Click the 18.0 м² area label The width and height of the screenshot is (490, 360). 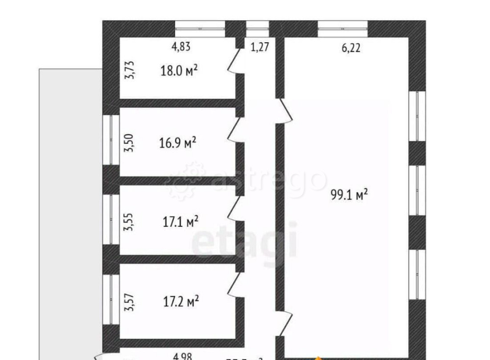(179, 71)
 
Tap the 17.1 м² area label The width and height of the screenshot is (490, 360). (180, 221)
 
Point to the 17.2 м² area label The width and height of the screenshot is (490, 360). (180, 301)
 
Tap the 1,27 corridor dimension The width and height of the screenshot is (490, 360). (260, 47)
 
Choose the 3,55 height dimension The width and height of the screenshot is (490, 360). (129, 221)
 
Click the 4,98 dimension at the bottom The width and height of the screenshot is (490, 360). (182, 356)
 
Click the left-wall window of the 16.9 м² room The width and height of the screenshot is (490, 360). (111, 140)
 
